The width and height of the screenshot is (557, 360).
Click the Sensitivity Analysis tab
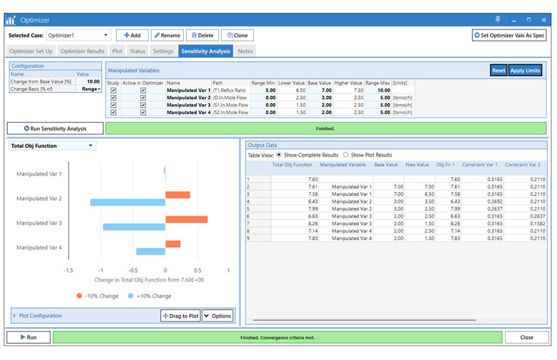(x=206, y=51)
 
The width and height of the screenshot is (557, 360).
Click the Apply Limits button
(x=525, y=71)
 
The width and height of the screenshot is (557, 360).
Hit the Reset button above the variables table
(x=498, y=71)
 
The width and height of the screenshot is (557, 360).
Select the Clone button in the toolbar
(x=237, y=36)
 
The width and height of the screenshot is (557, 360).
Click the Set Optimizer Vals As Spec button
(x=509, y=36)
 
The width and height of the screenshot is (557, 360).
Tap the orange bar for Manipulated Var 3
(x=186, y=219)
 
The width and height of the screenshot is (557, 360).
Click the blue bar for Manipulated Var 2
(x=128, y=202)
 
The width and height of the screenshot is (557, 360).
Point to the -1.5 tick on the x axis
(x=69, y=270)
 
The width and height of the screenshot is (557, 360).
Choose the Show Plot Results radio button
(x=346, y=155)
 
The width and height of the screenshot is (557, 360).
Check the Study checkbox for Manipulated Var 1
(x=113, y=91)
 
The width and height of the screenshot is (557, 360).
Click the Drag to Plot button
(x=180, y=316)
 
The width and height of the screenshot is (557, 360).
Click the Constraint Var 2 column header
(x=522, y=165)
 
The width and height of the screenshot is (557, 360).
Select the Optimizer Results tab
(x=82, y=51)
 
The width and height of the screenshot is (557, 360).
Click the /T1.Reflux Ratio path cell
(x=230, y=91)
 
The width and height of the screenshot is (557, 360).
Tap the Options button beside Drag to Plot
(x=217, y=316)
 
